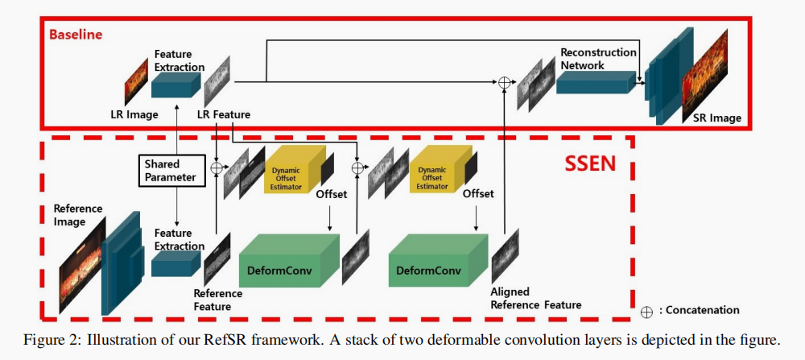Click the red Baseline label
(x=76, y=35)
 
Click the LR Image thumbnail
(x=136, y=81)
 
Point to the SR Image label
(x=716, y=118)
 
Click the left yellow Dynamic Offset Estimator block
(x=293, y=171)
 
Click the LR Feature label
(x=223, y=114)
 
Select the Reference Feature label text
(x=217, y=300)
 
